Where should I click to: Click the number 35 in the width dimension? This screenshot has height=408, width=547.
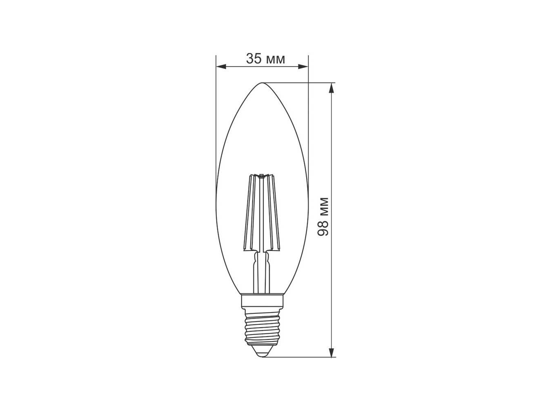tap(253, 59)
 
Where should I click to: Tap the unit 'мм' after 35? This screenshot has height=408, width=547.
tap(276, 60)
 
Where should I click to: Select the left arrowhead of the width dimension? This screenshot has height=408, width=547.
tap(221, 67)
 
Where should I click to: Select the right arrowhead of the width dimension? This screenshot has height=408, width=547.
tap(303, 67)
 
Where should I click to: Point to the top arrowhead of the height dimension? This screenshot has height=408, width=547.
tap(331, 88)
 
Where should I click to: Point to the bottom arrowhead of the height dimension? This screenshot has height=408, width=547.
tap(331, 352)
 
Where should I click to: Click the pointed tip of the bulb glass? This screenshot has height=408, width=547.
tap(262, 83)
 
